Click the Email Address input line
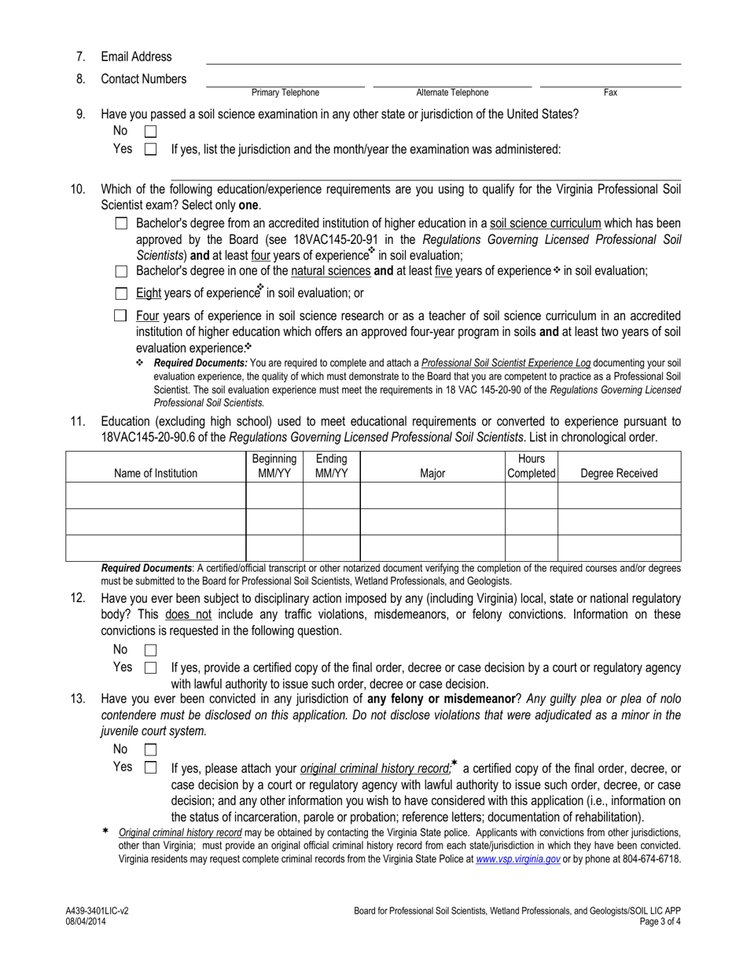point(443,58)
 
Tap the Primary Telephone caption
point(285,93)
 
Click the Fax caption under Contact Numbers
point(610,93)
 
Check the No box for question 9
point(151,132)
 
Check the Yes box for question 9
point(151,149)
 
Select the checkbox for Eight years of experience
point(121,294)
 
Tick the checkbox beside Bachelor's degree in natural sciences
point(121,272)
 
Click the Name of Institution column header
point(156,473)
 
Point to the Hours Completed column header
point(531,466)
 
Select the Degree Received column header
point(619,473)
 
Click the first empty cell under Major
point(432,496)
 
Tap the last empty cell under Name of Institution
point(156,548)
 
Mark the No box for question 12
point(151,650)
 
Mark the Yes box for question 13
point(151,767)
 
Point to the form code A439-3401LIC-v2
point(98,911)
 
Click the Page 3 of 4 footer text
point(660,921)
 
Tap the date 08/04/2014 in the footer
point(86,921)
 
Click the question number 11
point(78,421)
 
